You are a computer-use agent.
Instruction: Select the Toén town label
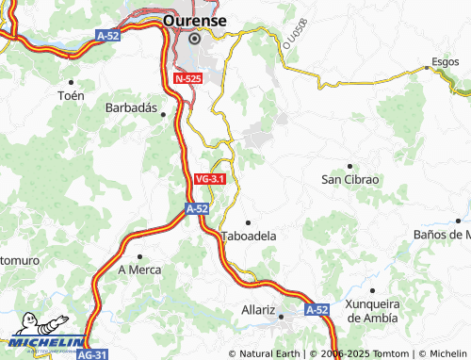(x=71, y=95)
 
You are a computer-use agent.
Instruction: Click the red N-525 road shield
(x=187, y=82)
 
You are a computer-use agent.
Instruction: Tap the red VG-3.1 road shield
(x=209, y=178)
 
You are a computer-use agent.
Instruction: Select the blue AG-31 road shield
(x=91, y=354)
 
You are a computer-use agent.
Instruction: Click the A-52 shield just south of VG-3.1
(x=197, y=209)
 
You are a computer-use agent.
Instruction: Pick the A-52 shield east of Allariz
(x=317, y=309)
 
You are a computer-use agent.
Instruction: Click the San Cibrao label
(x=349, y=179)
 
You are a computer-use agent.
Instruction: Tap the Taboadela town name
(x=249, y=237)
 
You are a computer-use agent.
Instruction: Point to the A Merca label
(x=139, y=270)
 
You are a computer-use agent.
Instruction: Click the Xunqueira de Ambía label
(x=373, y=310)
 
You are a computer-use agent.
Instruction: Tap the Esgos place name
(x=444, y=62)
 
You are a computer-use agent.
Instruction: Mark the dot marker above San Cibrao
(x=349, y=165)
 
